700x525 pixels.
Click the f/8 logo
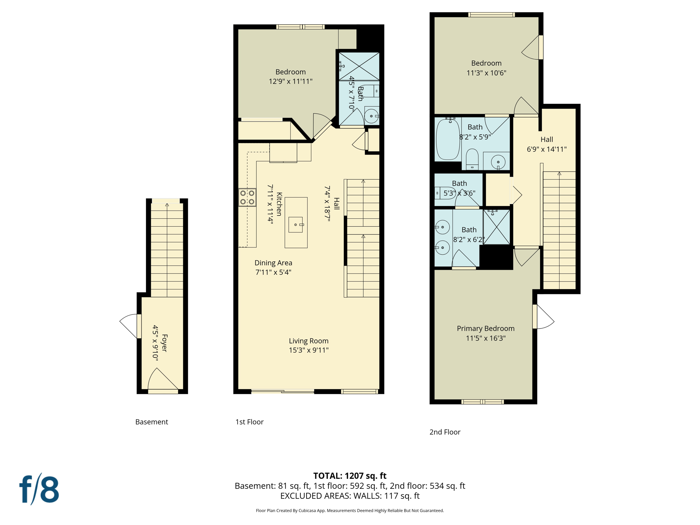(x=39, y=489)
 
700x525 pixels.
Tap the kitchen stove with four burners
(x=247, y=197)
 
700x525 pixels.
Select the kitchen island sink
(x=296, y=225)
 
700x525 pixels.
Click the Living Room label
(x=308, y=341)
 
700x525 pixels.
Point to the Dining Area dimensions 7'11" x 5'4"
(x=273, y=272)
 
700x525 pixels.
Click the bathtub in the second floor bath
(x=448, y=139)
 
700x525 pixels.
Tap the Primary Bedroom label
(x=485, y=328)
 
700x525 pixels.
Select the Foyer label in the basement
(x=164, y=343)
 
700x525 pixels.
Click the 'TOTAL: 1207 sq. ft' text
(x=350, y=476)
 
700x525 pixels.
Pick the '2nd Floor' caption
(x=445, y=432)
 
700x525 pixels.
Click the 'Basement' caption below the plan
(x=151, y=422)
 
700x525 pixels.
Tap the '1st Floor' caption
(x=249, y=422)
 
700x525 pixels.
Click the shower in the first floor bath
(x=359, y=66)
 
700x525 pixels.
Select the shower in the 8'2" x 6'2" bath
(x=496, y=227)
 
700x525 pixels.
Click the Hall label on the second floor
(x=547, y=139)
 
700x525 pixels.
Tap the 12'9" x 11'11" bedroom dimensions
(x=291, y=81)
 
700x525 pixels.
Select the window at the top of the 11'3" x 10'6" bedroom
(x=491, y=15)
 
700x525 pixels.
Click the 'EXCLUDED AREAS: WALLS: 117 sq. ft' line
(x=350, y=496)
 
